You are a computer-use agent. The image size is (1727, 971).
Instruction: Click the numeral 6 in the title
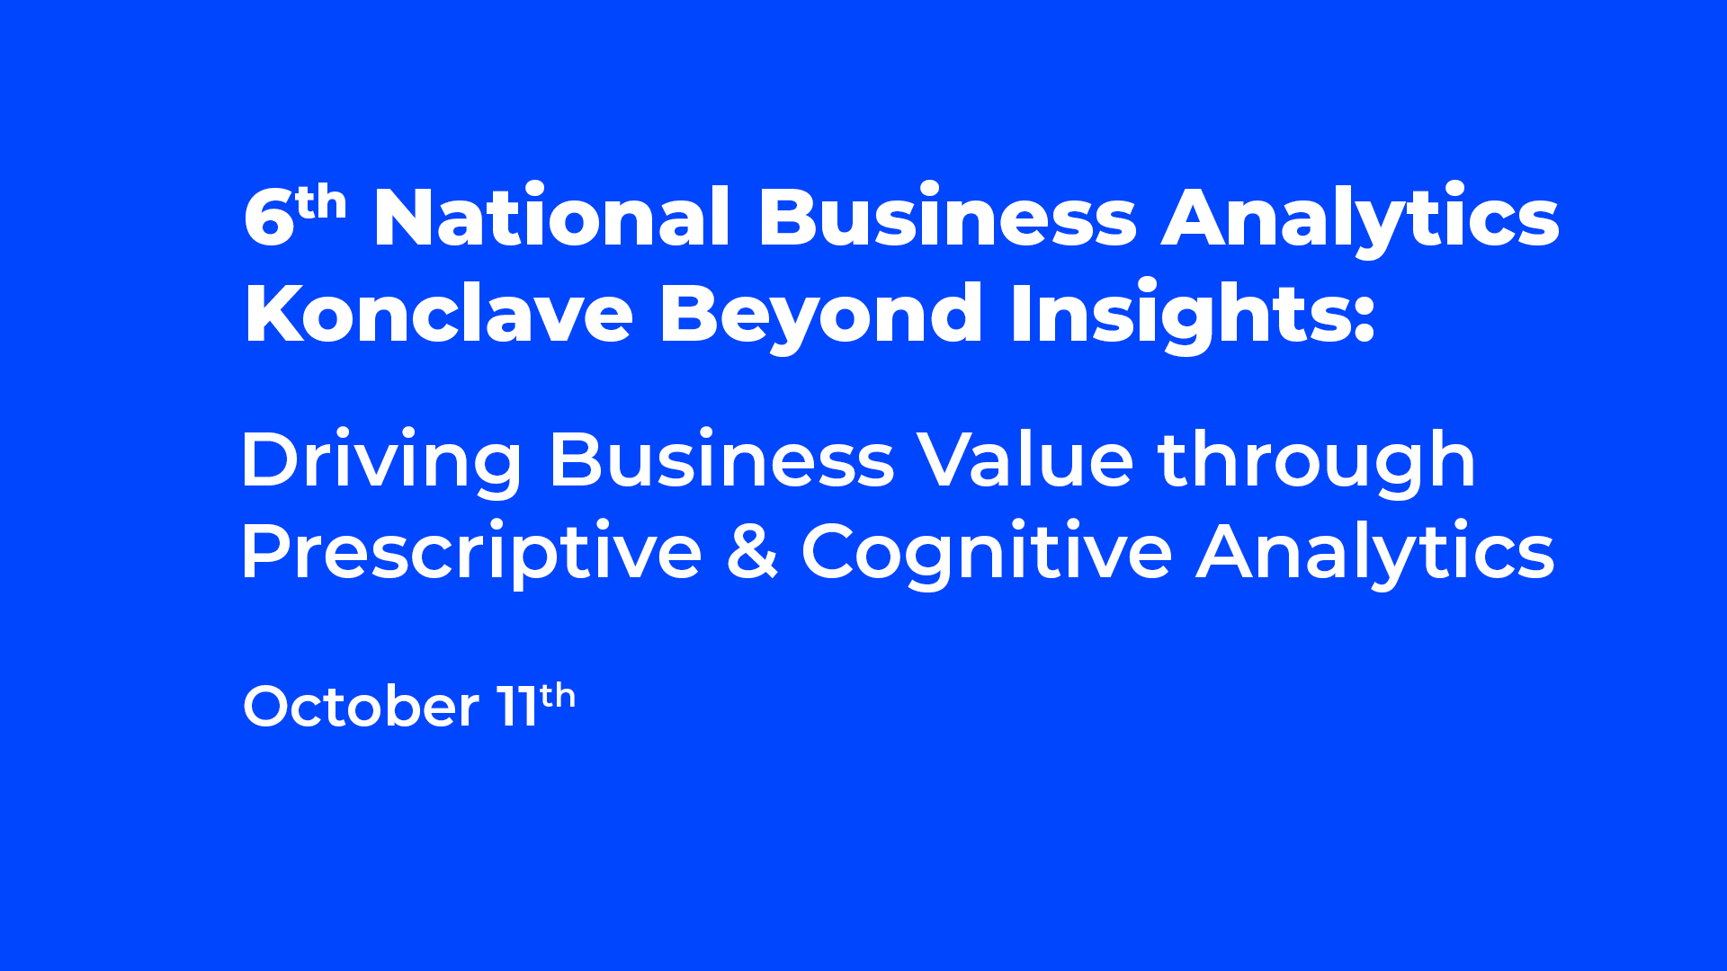[x=269, y=218]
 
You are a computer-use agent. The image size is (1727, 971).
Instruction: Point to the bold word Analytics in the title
[x=1361, y=220]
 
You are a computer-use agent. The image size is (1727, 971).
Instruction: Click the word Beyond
[x=821, y=317]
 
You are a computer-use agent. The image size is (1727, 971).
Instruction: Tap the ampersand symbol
[x=752, y=550]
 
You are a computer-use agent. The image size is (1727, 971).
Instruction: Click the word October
[x=362, y=706]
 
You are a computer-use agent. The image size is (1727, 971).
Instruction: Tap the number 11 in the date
[x=517, y=706]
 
